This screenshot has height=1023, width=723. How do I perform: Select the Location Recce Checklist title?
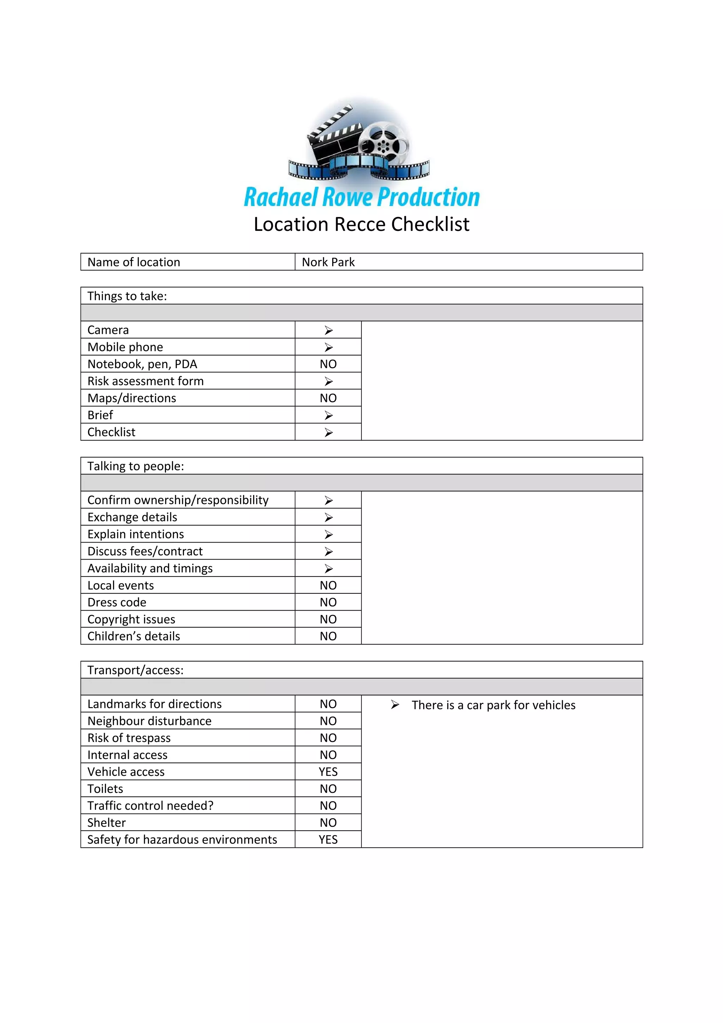click(x=361, y=224)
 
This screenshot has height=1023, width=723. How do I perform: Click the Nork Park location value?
click(x=328, y=262)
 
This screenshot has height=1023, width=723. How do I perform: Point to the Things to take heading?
click(x=127, y=296)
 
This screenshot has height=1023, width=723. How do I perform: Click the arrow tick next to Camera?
click(x=328, y=330)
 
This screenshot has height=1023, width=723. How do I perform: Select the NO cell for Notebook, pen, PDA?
click(x=328, y=364)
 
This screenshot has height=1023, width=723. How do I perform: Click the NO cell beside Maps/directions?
click(x=328, y=398)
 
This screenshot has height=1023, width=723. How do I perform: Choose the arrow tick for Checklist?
click(x=328, y=432)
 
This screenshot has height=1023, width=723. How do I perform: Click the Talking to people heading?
click(x=136, y=466)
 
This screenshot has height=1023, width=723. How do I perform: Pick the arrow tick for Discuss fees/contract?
click(x=328, y=552)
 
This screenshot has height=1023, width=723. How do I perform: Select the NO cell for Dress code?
click(x=328, y=602)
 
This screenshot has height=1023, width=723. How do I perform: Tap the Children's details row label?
click(x=134, y=636)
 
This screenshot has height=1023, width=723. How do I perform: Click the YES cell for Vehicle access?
click(x=328, y=772)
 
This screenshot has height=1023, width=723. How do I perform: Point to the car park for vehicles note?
click(x=493, y=705)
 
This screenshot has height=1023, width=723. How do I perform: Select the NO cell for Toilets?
click(x=328, y=789)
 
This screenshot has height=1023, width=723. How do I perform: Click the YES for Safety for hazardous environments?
click(x=328, y=839)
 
